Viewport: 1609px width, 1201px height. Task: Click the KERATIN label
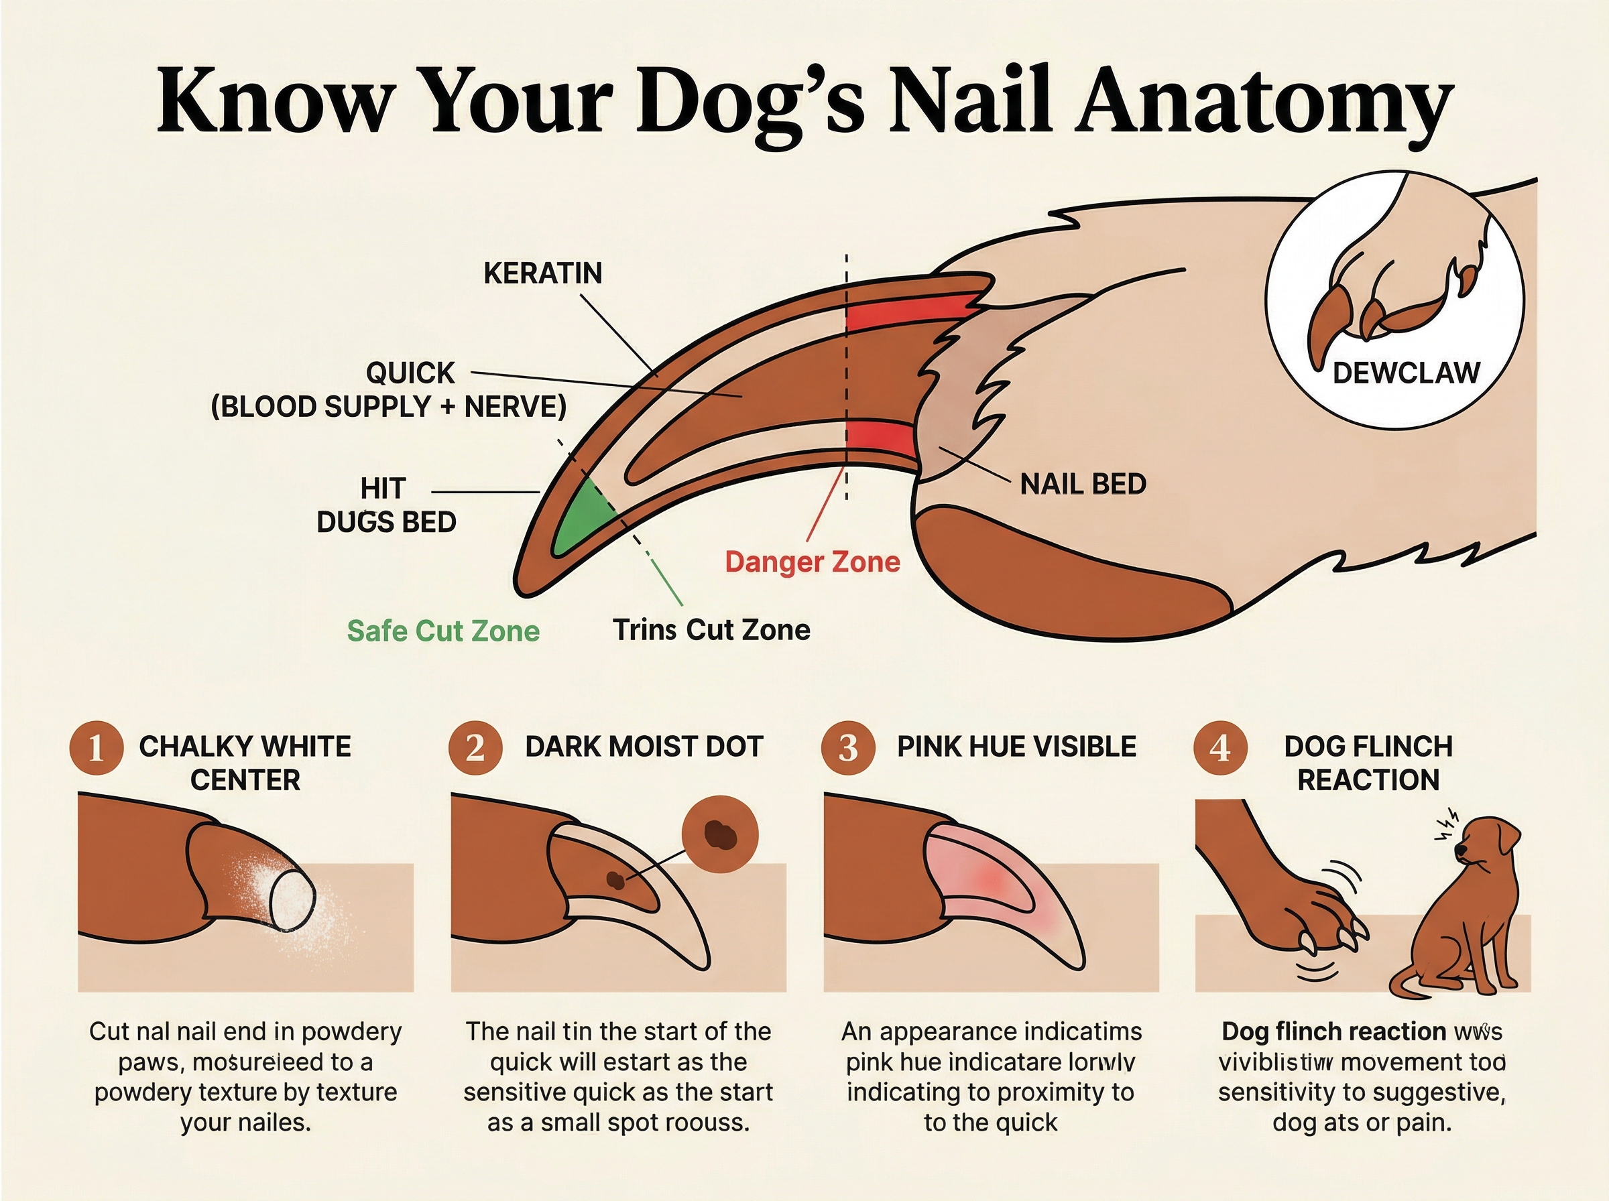pos(542,273)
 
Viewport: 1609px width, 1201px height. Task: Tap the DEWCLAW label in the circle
pos(1405,373)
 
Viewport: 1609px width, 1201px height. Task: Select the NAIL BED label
pos(1083,484)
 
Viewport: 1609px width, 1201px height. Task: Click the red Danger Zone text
pos(812,562)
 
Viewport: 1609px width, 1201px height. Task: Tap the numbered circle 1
pos(95,748)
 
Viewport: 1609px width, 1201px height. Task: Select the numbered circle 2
pos(475,748)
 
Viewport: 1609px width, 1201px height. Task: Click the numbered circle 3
pos(848,748)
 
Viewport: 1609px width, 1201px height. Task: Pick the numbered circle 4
pos(1220,748)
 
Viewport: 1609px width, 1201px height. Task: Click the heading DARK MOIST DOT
pos(644,747)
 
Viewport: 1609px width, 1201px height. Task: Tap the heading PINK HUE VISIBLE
pos(1016,747)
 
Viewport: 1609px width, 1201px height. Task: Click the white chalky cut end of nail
pos(292,899)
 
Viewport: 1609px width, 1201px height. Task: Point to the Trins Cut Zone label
pos(711,629)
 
